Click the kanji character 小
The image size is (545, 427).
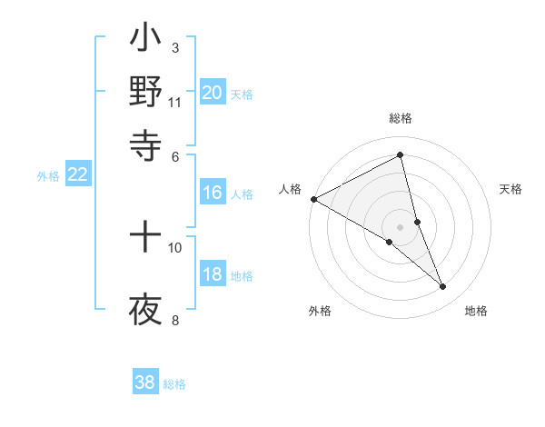tap(145, 41)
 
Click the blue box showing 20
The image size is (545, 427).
tap(213, 93)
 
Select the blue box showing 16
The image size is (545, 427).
tap(213, 193)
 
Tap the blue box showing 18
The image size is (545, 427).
tap(213, 275)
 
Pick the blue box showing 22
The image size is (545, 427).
tap(78, 175)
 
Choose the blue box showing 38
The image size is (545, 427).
tap(145, 382)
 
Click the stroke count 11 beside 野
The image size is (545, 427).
tap(175, 102)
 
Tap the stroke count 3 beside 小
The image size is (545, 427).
tap(175, 47)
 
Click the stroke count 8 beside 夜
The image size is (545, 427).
tap(175, 319)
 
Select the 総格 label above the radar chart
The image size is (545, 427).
tap(401, 119)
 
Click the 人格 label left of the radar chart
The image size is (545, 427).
tap(291, 189)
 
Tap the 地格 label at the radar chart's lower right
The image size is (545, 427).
tap(476, 312)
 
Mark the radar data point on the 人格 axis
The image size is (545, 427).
tap(313, 199)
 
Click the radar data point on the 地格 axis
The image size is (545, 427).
tap(443, 287)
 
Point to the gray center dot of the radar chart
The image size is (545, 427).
tap(401, 226)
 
